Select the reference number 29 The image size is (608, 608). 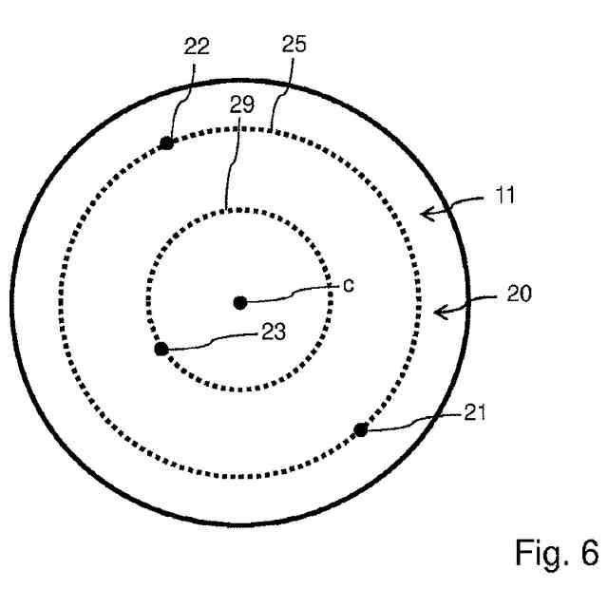[242, 104]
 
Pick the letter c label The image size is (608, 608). [349, 283]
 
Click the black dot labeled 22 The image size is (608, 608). [166, 143]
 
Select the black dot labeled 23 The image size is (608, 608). [161, 349]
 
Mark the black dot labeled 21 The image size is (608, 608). [361, 430]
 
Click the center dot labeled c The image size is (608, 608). [240, 302]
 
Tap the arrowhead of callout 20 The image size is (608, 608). [437, 310]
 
